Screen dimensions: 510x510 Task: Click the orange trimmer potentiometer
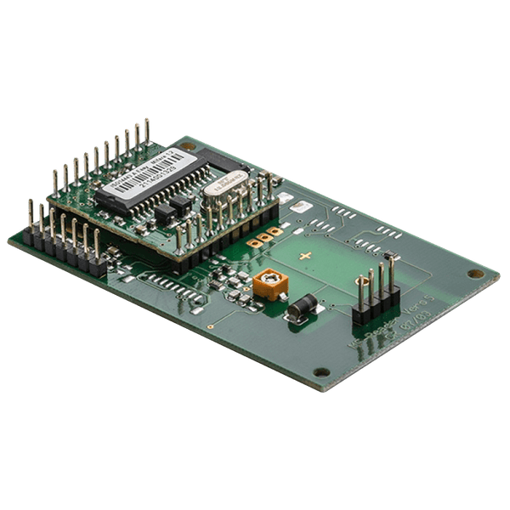click(270, 283)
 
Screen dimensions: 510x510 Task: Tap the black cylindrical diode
click(302, 307)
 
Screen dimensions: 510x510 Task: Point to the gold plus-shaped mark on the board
click(305, 255)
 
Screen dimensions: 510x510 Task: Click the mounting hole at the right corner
click(475, 274)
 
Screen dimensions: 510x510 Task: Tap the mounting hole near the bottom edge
click(320, 372)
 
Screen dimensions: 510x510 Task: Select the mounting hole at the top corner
click(188, 146)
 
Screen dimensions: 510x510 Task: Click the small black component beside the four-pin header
click(389, 256)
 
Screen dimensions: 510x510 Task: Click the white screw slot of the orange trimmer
click(270, 278)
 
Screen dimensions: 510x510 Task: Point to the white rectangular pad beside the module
click(286, 197)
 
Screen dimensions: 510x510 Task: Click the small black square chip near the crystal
click(180, 204)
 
